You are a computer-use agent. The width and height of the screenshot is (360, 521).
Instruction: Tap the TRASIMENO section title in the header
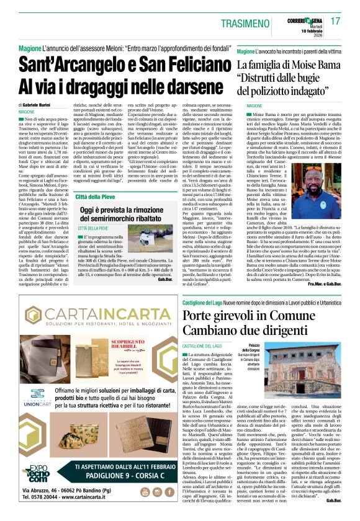pos(263,22)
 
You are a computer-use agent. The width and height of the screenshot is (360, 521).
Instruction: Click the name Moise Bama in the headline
pos(317,65)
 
